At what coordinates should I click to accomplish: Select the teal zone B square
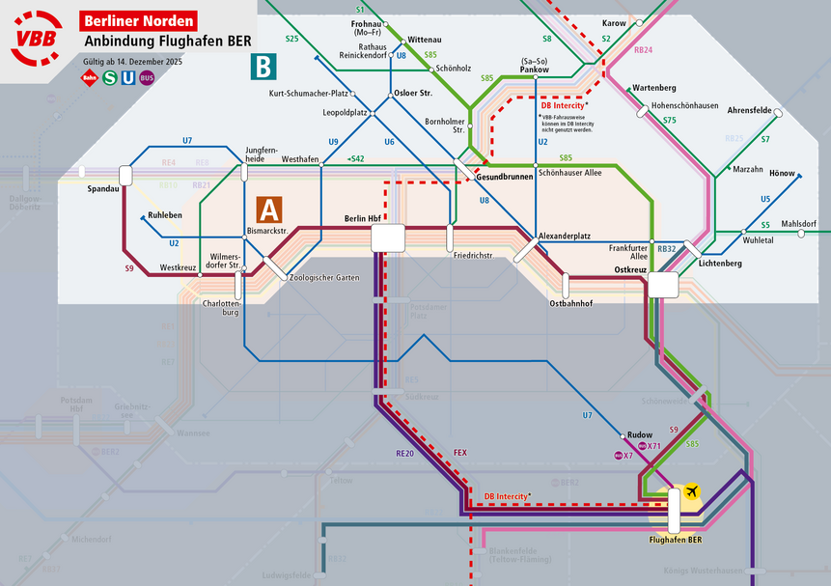click(263, 67)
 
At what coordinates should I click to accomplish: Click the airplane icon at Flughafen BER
click(691, 492)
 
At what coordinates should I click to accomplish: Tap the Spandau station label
click(101, 188)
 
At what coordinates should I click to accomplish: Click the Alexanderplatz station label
click(564, 235)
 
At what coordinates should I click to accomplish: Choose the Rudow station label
click(640, 434)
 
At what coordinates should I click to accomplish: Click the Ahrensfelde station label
click(750, 110)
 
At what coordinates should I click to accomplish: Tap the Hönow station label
click(782, 174)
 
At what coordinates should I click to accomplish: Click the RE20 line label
click(404, 453)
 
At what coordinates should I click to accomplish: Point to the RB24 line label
click(644, 49)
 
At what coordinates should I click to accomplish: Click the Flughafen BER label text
click(675, 539)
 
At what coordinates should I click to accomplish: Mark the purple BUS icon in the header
click(147, 78)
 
